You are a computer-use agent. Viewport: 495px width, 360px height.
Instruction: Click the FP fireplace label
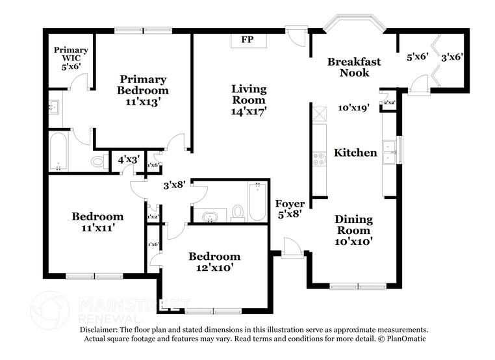(x=247, y=40)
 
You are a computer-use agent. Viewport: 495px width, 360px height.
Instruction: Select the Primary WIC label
(x=71, y=50)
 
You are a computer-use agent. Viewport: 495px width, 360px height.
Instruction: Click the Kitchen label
(x=355, y=153)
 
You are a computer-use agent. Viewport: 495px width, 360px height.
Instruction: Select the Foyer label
(x=290, y=204)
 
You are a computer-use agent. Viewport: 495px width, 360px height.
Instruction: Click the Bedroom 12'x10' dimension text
(x=214, y=267)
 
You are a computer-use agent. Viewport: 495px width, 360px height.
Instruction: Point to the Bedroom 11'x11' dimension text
(x=97, y=227)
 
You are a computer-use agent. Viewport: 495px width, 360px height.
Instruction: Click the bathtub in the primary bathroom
(x=58, y=151)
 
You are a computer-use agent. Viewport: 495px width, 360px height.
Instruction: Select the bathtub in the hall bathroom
(x=257, y=201)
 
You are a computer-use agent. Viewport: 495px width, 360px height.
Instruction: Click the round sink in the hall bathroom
(x=210, y=216)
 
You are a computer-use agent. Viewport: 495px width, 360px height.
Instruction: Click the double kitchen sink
(x=390, y=152)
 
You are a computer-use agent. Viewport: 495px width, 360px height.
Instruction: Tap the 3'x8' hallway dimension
(x=175, y=185)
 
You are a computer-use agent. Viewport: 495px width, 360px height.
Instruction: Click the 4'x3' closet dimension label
(x=127, y=159)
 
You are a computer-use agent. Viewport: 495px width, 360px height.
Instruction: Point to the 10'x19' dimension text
(x=353, y=108)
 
